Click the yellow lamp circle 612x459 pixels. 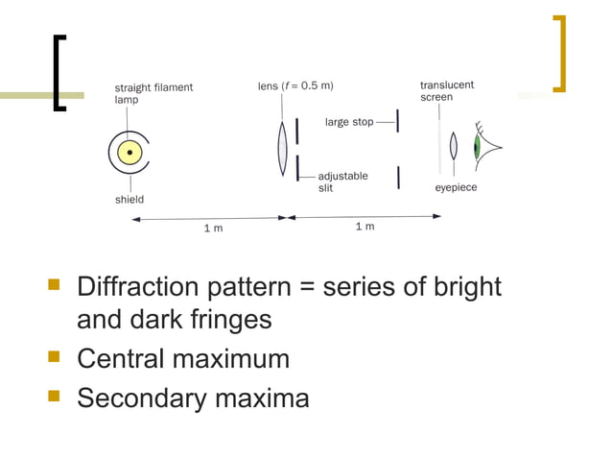[x=129, y=152]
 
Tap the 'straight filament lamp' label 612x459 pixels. [x=153, y=92]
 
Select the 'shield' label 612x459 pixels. [x=129, y=200]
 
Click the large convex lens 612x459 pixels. [x=283, y=147]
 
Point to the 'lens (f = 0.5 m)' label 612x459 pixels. [x=295, y=85]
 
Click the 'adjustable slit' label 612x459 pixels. [x=342, y=182]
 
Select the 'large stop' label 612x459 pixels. [x=349, y=122]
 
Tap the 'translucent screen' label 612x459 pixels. [x=446, y=91]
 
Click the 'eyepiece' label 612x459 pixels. [x=456, y=187]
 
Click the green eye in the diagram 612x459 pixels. [x=477, y=148]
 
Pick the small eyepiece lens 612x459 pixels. [x=454, y=147]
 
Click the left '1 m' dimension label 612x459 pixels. [x=213, y=228]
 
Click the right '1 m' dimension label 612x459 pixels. [x=365, y=227]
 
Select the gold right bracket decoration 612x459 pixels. [x=559, y=53]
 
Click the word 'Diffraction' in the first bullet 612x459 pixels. [x=137, y=287]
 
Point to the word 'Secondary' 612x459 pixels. [x=141, y=398]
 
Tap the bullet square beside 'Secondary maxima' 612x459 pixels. [x=54, y=396]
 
